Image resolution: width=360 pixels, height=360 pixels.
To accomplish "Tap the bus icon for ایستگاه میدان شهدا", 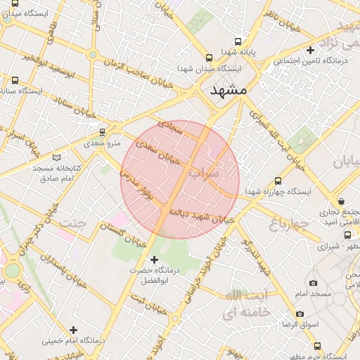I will coord(208,58).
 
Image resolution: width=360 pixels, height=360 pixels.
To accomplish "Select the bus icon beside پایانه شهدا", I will coord(238,41).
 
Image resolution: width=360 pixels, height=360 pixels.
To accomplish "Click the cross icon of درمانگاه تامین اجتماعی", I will coord(310,50).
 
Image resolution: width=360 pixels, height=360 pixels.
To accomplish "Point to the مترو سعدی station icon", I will coord(103,131).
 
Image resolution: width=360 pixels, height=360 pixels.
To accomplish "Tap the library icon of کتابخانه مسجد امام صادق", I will coord(57,157).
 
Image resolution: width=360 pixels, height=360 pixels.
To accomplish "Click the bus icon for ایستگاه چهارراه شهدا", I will coord(278,181).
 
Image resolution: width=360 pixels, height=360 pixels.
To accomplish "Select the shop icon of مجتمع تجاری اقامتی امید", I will coord(341,201).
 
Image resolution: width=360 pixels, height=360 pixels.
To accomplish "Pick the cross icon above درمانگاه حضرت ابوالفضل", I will coord(155,259).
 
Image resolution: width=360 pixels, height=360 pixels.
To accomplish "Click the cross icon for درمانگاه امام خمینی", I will coord(73,329).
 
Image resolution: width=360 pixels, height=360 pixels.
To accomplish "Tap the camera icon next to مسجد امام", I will coord(313,283).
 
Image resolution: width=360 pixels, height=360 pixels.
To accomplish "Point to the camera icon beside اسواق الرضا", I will coord(300,314).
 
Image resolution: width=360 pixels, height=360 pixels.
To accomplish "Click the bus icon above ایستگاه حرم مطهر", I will coord(317,346).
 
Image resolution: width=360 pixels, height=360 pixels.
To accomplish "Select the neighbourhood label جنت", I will coord(74,223).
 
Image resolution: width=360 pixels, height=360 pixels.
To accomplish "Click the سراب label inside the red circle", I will coord(205,172).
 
